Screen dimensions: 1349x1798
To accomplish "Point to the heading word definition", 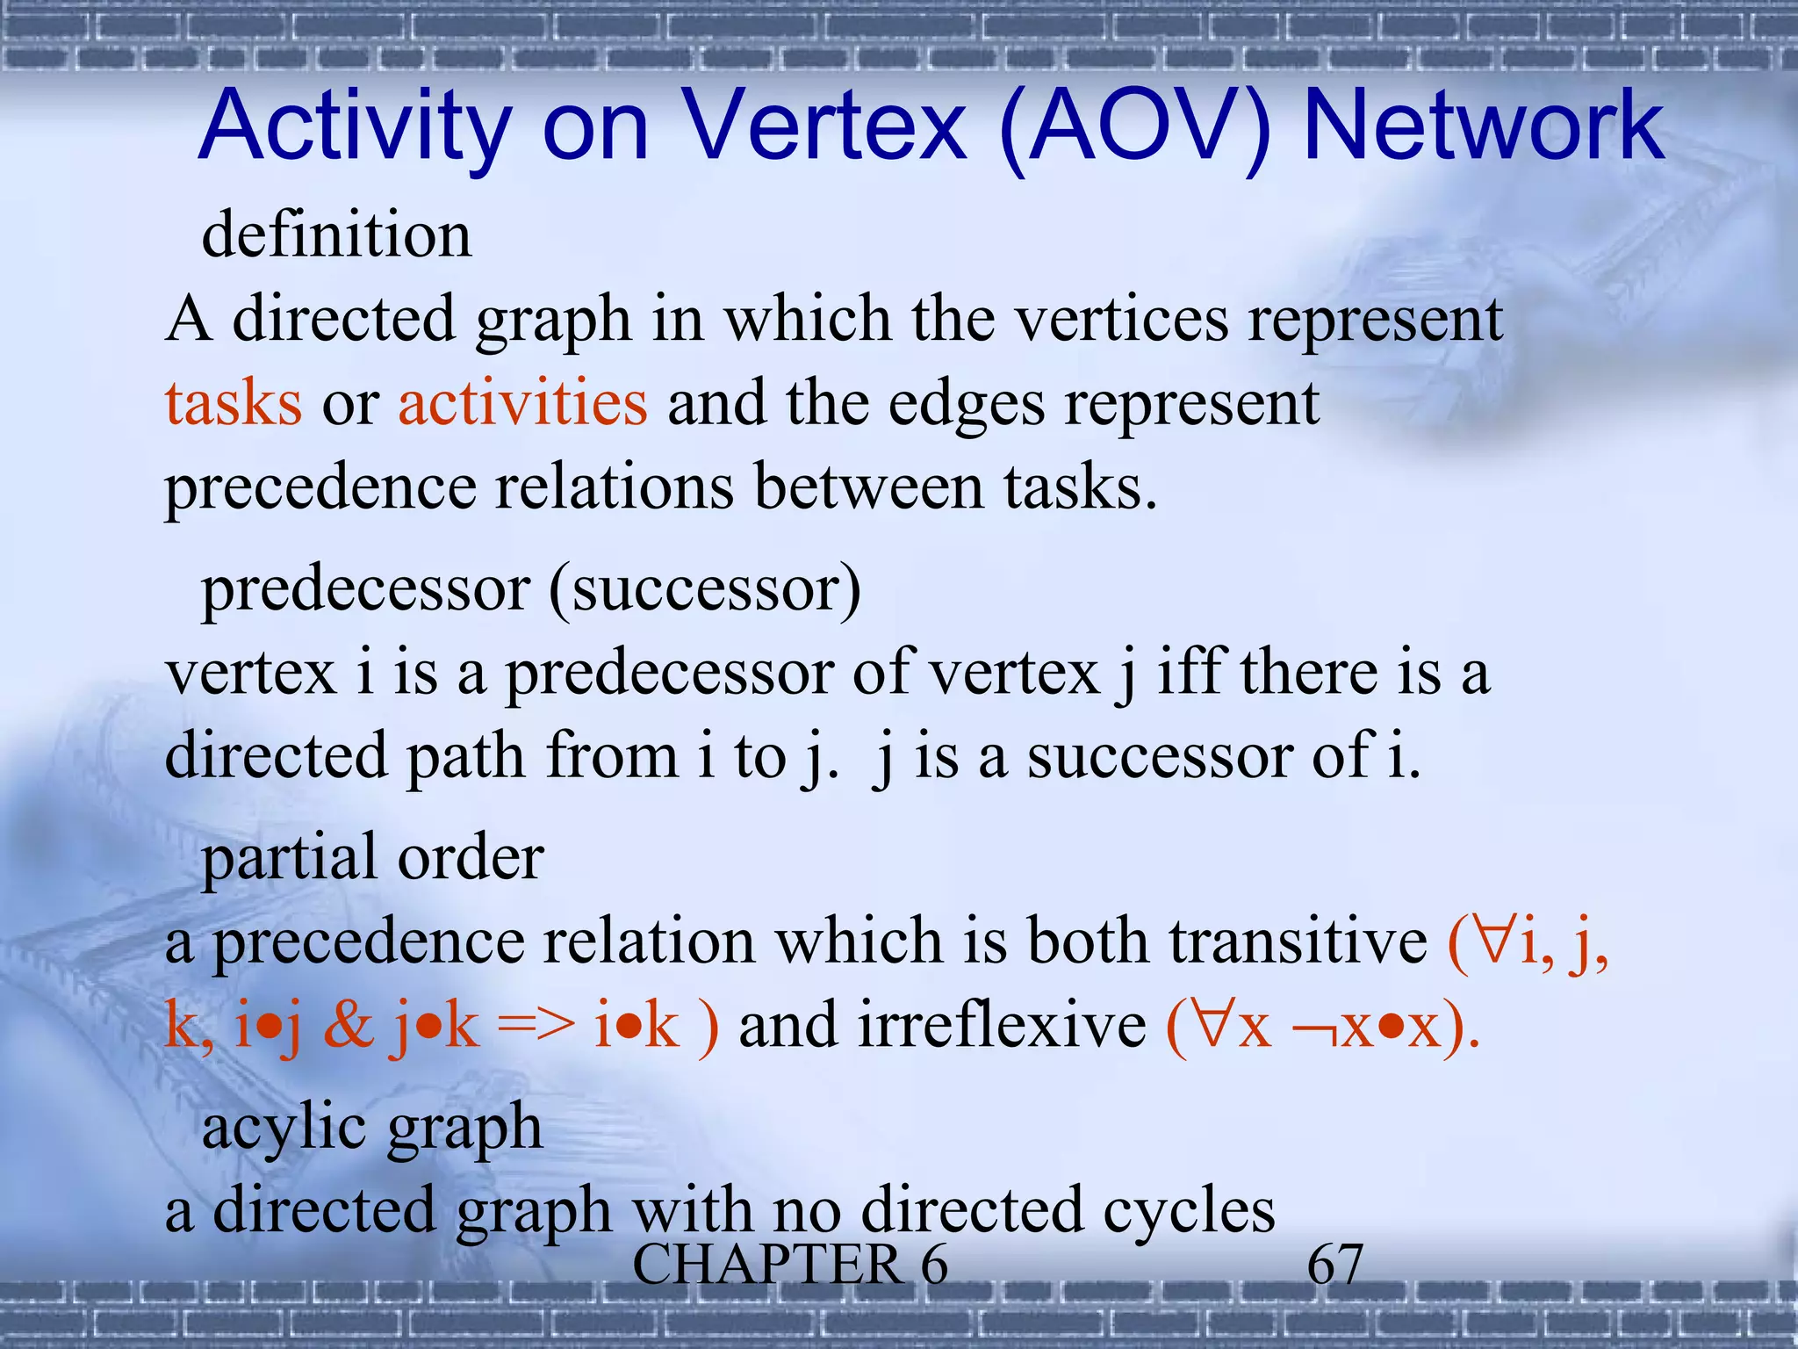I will [337, 234].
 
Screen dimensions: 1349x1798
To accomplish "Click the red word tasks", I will [234, 403].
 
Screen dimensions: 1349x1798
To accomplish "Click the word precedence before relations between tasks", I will [320, 488].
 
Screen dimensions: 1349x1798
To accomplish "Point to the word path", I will [465, 756].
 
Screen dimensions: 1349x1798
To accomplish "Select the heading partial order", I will [373, 857].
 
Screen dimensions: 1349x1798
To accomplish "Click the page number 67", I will [1334, 1265].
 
